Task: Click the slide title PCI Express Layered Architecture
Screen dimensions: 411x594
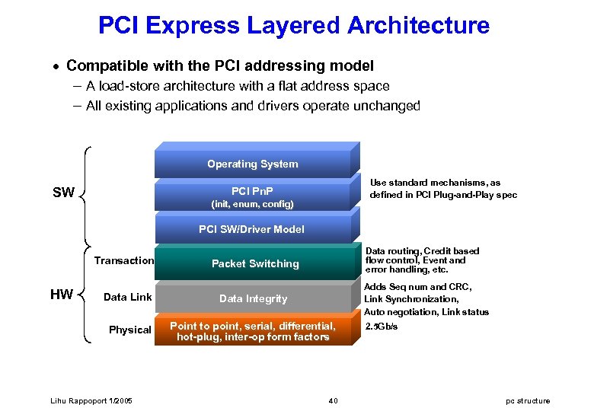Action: click(294, 26)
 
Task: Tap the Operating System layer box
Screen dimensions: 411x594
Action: click(252, 164)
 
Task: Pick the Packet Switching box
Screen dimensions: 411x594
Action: click(255, 264)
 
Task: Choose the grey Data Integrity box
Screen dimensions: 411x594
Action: click(254, 298)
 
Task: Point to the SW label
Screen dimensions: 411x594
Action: click(63, 193)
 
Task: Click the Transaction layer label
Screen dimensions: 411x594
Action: click(123, 261)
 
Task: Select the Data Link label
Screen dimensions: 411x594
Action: click(128, 297)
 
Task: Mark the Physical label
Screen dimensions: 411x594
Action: click(129, 330)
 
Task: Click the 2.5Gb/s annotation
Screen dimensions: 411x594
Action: click(382, 327)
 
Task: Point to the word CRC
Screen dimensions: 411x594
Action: click(461, 287)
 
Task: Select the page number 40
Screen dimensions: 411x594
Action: click(333, 401)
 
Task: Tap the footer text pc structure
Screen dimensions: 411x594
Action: click(527, 401)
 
